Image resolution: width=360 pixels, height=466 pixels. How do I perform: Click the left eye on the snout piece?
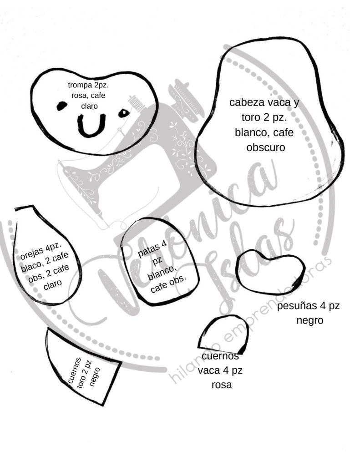click(x=61, y=106)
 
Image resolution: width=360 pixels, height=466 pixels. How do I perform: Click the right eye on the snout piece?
click(x=124, y=113)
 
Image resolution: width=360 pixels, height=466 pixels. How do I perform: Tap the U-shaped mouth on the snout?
click(x=91, y=126)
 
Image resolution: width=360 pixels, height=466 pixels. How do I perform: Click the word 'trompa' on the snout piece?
click(x=80, y=85)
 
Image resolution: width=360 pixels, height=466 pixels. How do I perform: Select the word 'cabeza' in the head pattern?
click(x=247, y=102)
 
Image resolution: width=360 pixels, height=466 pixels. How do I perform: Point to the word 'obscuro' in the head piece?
click(x=265, y=147)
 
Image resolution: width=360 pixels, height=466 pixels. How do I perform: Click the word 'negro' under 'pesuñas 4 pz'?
click(x=309, y=320)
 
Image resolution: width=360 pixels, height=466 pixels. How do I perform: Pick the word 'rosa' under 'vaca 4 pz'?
click(x=222, y=385)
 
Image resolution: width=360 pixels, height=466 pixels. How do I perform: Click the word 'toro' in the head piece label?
click(x=251, y=117)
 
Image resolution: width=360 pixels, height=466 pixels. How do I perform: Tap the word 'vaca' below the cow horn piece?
click(x=208, y=370)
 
